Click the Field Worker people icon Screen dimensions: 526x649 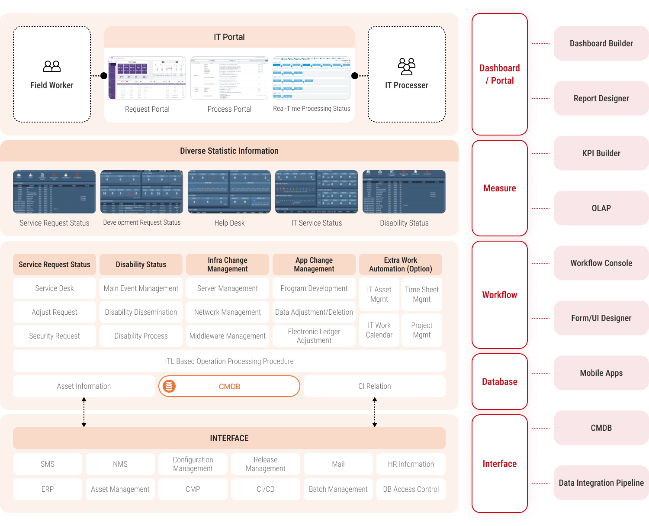pos(52,66)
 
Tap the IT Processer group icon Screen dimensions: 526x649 pos(407,66)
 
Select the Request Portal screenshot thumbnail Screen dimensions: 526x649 pos(147,78)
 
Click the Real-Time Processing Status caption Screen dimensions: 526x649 pos(312,109)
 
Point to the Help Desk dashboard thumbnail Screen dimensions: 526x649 pos(229,192)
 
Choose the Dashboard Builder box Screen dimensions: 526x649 pos(601,43)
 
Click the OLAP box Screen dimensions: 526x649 pos(601,208)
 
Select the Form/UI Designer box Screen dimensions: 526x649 pos(601,318)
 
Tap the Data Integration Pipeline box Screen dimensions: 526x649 pos(601,483)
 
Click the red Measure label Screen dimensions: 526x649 pos(500,188)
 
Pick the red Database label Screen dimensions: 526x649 pos(500,382)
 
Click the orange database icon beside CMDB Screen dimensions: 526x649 pos(169,386)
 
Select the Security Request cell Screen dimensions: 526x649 pos(55,336)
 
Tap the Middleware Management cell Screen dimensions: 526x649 pos(228,336)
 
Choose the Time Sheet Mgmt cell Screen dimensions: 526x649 pos(422,294)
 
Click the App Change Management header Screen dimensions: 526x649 pos(314,265)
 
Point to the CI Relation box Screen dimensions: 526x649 pos(375,386)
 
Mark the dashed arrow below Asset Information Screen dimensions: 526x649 pos(84,412)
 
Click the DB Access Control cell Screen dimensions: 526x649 pos(411,489)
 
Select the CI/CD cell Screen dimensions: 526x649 pos(266,489)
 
